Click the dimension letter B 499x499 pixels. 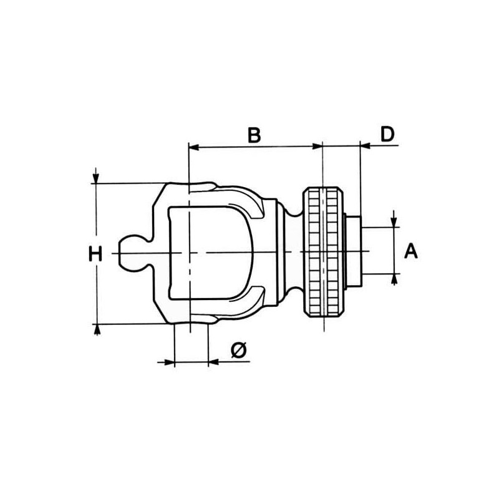coord(254,135)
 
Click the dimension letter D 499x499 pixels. coord(387,134)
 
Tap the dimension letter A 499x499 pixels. coord(411,251)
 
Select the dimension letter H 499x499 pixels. coord(95,254)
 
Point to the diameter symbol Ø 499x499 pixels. coord(239,351)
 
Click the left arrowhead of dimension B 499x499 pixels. coord(194,147)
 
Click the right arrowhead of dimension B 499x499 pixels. coord(317,147)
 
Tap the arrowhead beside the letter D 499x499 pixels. coord(366,146)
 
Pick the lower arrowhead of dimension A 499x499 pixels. coord(394,278)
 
